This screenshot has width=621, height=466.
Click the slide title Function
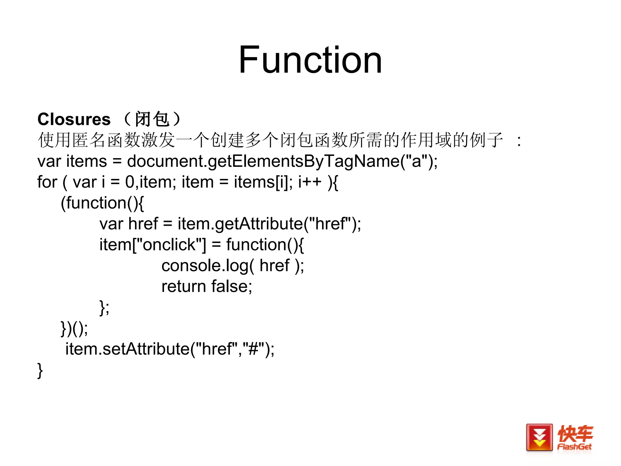[x=310, y=60]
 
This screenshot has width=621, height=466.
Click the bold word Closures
[x=74, y=119]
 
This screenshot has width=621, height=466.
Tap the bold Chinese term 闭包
[x=152, y=119]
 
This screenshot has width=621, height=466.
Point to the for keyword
[x=47, y=182]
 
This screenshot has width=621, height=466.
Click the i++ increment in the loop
[x=310, y=182]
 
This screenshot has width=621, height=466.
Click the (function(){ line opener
[x=102, y=203]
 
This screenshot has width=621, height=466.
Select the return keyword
[x=184, y=286]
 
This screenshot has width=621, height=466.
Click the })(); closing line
[x=74, y=328]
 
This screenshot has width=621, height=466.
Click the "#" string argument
[x=253, y=349]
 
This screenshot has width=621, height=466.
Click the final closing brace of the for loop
[x=40, y=370]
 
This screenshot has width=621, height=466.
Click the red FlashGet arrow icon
[x=539, y=437]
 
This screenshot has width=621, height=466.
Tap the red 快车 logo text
[x=575, y=433]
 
